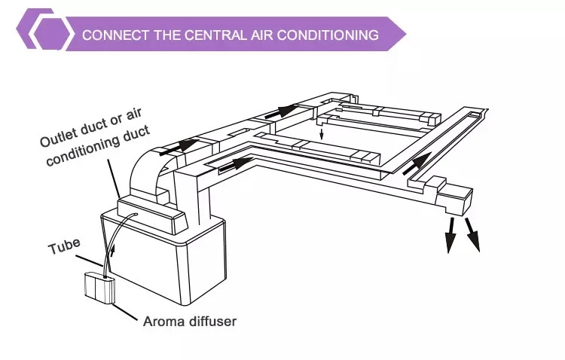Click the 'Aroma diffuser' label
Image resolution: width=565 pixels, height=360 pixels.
[190, 322]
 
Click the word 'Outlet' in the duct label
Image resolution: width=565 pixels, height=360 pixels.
[58, 140]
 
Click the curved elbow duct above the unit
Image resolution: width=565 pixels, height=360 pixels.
[151, 173]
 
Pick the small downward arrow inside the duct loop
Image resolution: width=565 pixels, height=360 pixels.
[322, 135]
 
